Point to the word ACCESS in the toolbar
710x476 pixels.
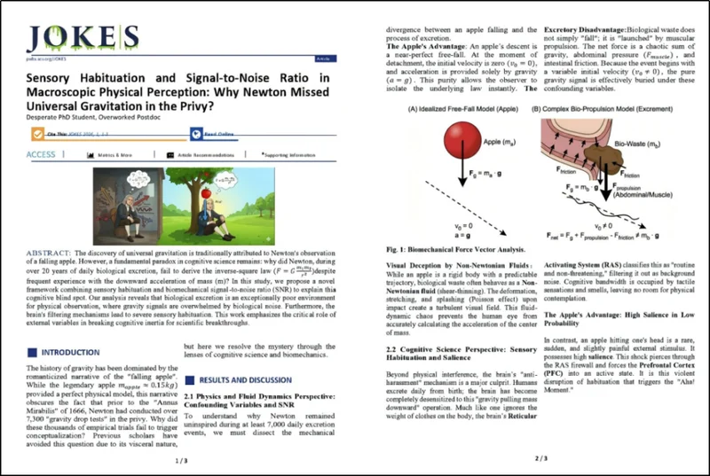(x=41, y=154)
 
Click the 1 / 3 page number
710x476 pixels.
(x=182, y=460)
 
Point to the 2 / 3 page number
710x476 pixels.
(x=529, y=460)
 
